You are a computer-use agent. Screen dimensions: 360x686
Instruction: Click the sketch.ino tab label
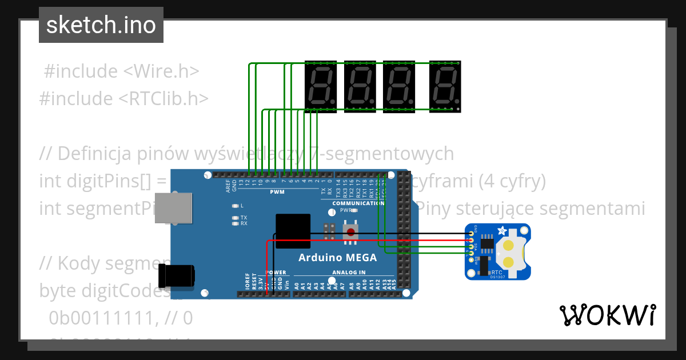tap(101, 25)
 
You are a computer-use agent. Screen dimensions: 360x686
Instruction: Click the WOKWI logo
tap(607, 315)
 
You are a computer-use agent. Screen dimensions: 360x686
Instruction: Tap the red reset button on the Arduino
tap(350, 231)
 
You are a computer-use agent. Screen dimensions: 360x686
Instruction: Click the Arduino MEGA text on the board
tap(337, 258)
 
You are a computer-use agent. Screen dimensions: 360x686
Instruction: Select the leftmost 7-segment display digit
tap(321, 86)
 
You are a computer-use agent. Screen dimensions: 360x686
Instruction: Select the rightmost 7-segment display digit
tap(445, 86)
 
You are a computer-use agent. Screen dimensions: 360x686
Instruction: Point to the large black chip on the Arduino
tap(293, 231)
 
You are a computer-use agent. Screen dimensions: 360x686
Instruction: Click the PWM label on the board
tap(277, 192)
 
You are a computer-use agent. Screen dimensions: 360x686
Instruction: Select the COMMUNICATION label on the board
tap(358, 203)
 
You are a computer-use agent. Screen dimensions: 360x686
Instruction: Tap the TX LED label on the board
tap(244, 218)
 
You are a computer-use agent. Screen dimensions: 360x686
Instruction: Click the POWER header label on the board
tap(276, 273)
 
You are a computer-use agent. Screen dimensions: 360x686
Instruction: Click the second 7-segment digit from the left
tap(360, 86)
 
